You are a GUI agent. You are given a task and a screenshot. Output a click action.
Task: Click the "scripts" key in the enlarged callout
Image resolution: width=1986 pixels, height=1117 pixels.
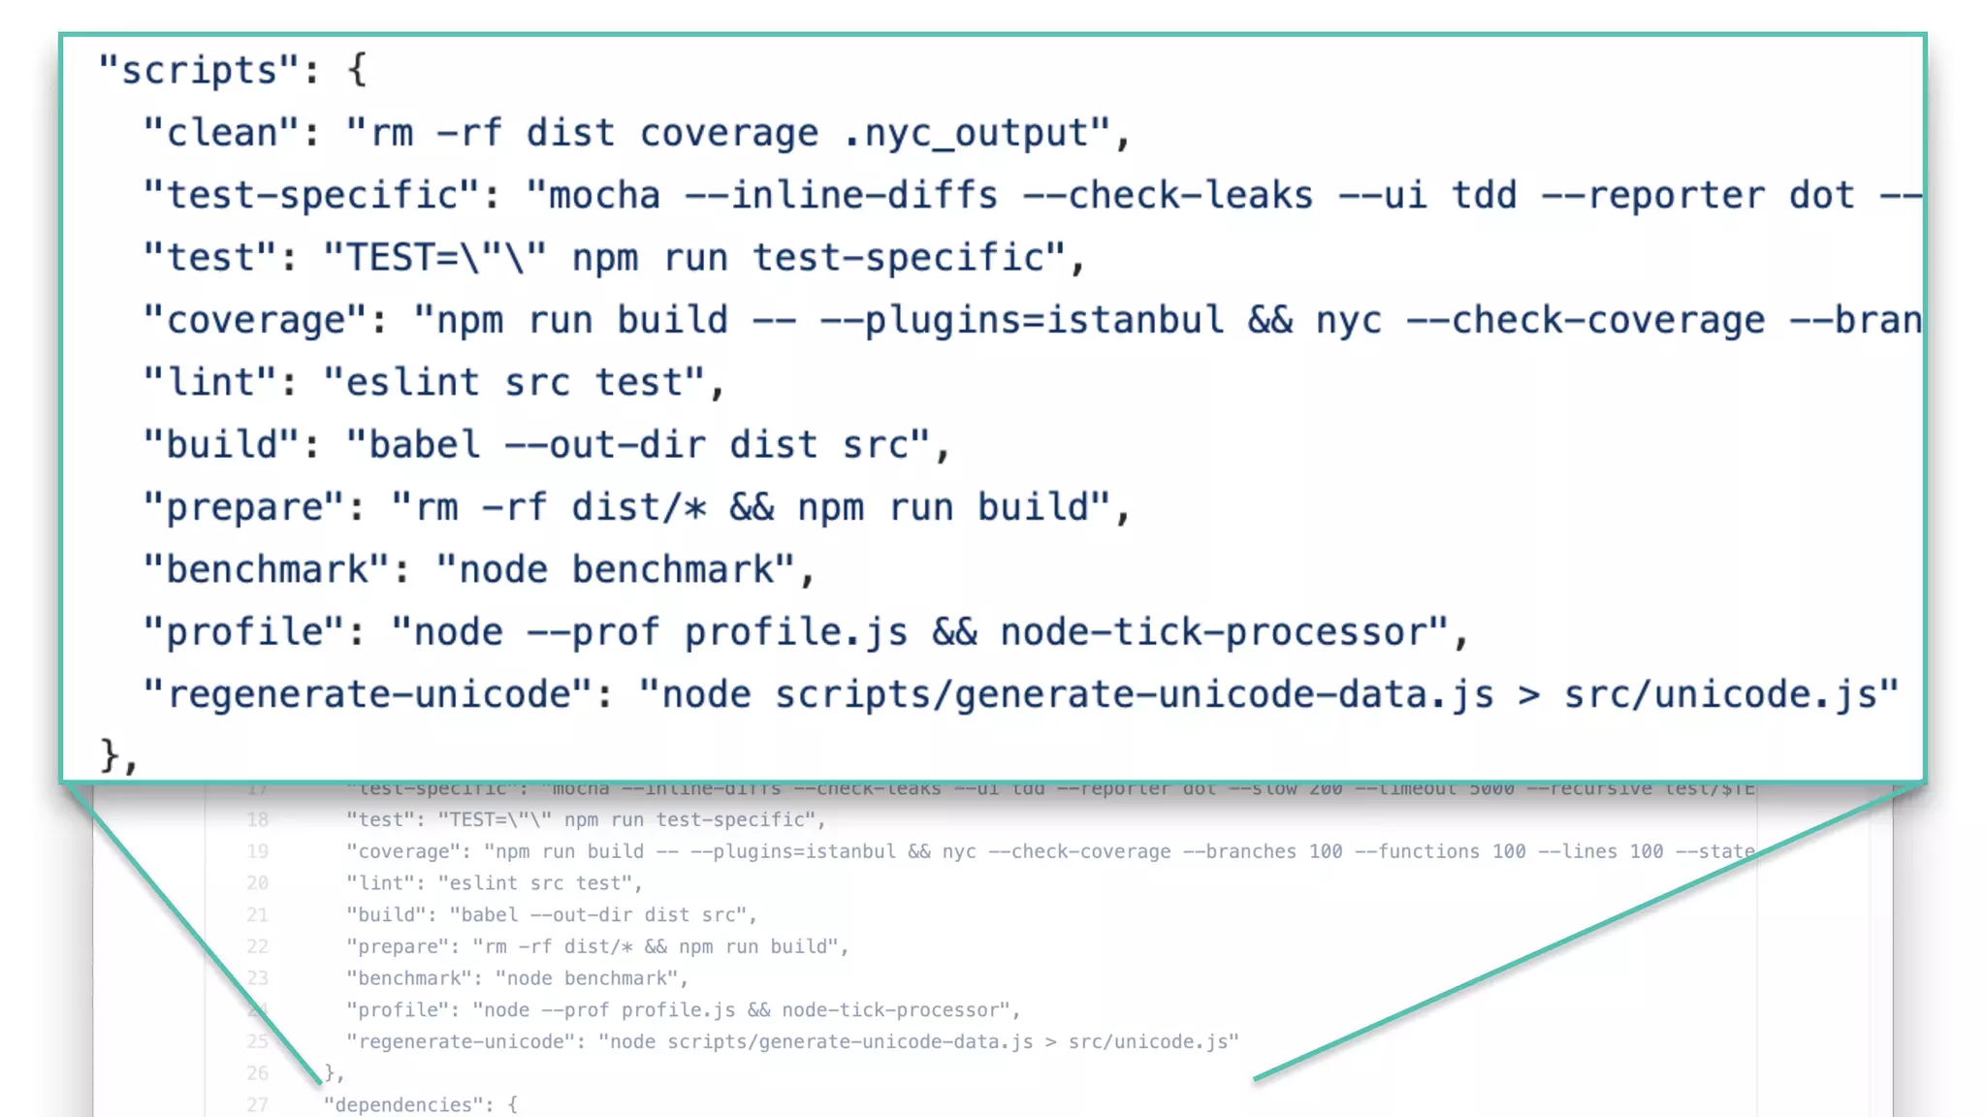198,71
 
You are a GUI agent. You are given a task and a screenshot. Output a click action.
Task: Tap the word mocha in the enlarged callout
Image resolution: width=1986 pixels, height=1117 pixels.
605,196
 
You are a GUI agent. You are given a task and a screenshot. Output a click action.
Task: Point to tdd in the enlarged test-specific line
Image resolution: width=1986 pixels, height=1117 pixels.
1484,196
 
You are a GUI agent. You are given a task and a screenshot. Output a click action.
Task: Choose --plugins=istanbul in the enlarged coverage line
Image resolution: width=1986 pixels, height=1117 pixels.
1021,321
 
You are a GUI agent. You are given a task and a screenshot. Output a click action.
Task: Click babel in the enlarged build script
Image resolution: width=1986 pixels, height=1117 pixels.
425,445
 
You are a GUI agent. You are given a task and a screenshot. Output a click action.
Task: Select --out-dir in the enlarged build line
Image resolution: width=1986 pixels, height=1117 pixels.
605,445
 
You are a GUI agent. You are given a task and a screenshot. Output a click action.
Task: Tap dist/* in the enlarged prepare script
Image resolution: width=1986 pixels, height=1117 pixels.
638,508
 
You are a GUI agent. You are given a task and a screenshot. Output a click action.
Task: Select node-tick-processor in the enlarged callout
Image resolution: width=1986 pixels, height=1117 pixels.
1212,632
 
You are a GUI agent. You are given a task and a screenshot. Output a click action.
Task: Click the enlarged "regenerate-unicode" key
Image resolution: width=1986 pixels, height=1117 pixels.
368,695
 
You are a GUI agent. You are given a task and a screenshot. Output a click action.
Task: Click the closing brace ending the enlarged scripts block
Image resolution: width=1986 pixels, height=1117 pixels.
110,756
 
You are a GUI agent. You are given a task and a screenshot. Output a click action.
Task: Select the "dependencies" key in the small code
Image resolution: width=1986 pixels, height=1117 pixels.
408,1104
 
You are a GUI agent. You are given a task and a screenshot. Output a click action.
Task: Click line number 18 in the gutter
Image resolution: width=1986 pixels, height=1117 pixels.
257,820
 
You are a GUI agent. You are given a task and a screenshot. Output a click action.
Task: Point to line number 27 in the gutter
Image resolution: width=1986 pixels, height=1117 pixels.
257,1104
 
